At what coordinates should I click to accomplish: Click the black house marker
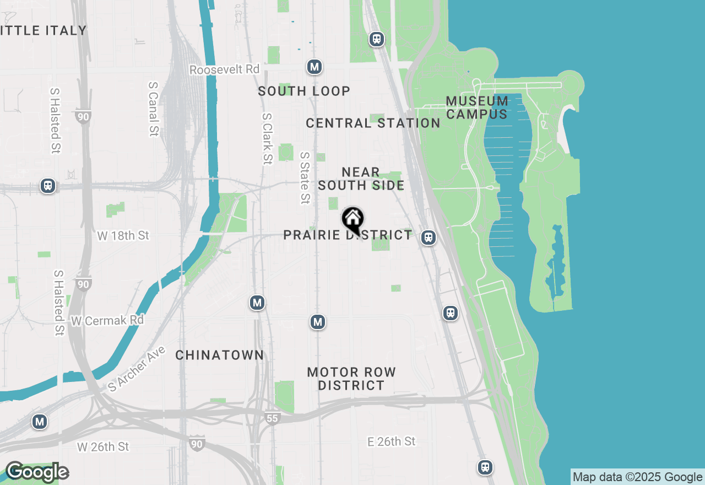tap(352, 219)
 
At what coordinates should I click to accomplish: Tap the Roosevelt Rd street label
tap(224, 70)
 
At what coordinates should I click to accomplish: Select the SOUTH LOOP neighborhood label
tap(304, 91)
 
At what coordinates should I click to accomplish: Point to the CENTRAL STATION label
tap(373, 123)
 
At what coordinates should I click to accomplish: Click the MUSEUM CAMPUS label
tap(477, 107)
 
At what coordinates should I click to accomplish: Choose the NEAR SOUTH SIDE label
tap(361, 179)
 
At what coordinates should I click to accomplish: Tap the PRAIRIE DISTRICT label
tap(348, 235)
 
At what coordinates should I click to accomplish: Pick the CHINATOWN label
tap(220, 355)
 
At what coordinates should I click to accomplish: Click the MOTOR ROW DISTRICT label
tap(351, 379)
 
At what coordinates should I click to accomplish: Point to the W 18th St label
tap(123, 236)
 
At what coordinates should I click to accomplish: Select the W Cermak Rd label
tap(107, 320)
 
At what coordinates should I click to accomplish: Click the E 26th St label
tap(392, 441)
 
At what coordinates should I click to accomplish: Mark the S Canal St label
tap(153, 109)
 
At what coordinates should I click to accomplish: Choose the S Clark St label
tap(267, 139)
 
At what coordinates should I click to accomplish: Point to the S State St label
tap(305, 178)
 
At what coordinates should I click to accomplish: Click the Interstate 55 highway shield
tap(272, 418)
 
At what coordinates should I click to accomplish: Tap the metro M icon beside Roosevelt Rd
tap(314, 67)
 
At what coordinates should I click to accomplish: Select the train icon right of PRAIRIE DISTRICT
tap(428, 238)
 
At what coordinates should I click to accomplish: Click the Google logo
tap(37, 472)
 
